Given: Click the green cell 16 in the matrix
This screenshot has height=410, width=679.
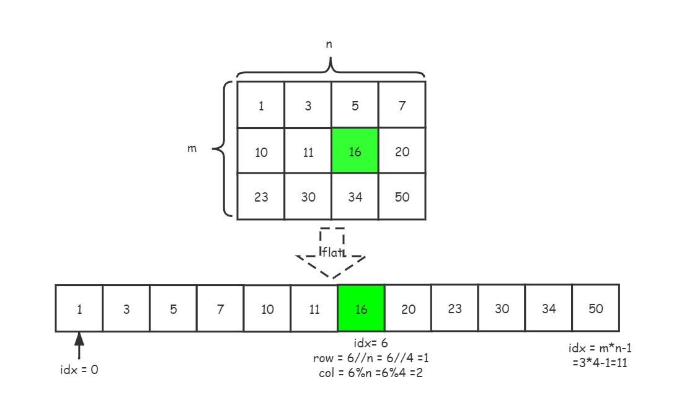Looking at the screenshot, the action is click(x=355, y=150).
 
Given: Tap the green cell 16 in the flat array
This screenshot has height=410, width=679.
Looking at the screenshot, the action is click(x=361, y=308).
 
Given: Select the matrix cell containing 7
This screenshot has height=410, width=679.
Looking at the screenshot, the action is click(x=402, y=105).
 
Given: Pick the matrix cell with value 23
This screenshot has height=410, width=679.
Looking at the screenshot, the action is click(x=260, y=197).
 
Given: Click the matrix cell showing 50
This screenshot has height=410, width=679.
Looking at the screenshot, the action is click(x=402, y=197).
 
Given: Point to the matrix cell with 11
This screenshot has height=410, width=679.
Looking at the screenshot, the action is click(x=308, y=151).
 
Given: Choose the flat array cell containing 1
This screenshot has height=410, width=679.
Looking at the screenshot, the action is click(x=79, y=308).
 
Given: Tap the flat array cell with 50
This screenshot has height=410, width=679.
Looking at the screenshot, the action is click(x=596, y=308).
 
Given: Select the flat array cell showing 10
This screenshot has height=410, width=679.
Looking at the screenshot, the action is click(x=267, y=308).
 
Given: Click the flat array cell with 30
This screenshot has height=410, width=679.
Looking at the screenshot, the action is click(x=502, y=308).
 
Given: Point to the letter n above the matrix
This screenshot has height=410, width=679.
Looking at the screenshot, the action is click(x=329, y=44).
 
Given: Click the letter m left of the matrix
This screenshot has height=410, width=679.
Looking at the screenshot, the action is click(x=192, y=148).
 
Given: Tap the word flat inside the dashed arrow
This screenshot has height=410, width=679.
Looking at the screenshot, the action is click(x=332, y=252).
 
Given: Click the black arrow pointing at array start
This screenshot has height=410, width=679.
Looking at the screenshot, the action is click(x=79, y=345).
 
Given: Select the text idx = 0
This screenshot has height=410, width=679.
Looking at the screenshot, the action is click(x=79, y=370).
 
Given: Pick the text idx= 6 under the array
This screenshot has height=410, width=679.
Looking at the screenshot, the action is click(x=371, y=344).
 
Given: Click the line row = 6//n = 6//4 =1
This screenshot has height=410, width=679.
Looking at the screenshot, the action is click(x=371, y=358).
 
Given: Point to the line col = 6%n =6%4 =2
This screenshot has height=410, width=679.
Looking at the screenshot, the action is click(x=371, y=373).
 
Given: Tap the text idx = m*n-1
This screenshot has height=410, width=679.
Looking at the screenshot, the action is click(x=600, y=347).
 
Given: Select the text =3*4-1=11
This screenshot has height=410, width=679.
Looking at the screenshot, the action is click(x=600, y=362).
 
